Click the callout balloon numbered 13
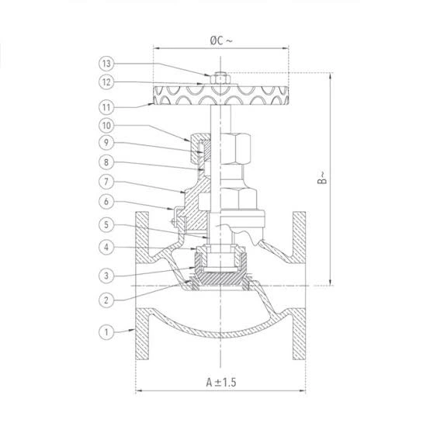(106, 64)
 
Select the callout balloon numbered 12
(106, 82)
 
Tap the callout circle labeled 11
(106, 107)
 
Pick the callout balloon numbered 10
(106, 126)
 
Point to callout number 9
(106, 143)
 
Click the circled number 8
(106, 162)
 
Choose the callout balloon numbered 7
(106, 182)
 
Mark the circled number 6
(106, 202)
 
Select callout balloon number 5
(106, 225)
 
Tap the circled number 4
(106, 247)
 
